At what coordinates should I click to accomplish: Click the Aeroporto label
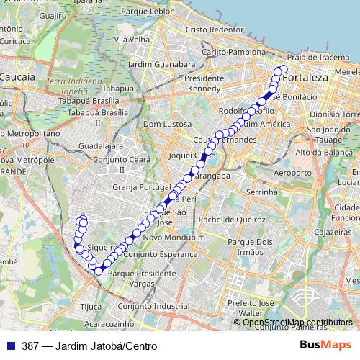pyautogui.click(x=293, y=174)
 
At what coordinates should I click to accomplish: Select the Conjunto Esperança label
pyautogui.click(x=161, y=254)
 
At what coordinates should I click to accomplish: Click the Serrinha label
pyautogui.click(x=262, y=193)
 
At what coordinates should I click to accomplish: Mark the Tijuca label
pyautogui.click(x=91, y=306)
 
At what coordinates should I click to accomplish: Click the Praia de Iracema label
pyautogui.click(x=318, y=57)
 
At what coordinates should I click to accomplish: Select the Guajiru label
pyautogui.click(x=54, y=14)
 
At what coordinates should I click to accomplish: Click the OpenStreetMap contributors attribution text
pyautogui.click(x=297, y=323)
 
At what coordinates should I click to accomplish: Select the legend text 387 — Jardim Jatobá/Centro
pyautogui.click(x=90, y=346)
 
